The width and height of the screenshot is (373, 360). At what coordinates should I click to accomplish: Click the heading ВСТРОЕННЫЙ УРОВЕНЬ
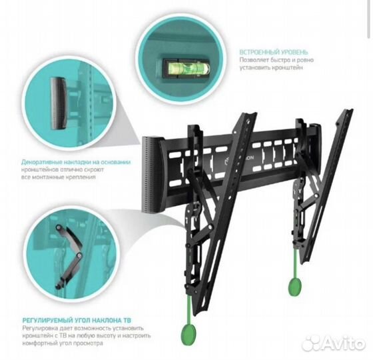coord(274,52)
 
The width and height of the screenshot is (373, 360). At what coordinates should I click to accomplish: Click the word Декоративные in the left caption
coord(42,163)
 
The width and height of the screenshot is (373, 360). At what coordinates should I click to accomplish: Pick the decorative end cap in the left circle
coord(59,103)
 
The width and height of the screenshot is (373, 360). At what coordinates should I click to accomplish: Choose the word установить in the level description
coord(253,67)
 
